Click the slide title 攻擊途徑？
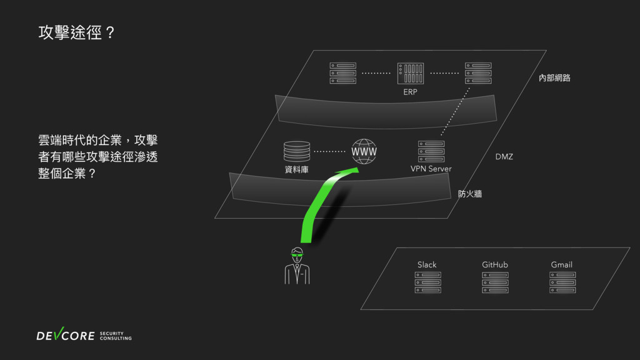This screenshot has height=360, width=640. point(76,34)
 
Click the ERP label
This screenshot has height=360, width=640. point(410,92)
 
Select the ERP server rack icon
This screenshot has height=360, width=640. point(411,73)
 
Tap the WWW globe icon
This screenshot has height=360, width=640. point(364,152)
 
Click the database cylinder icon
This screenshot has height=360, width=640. point(296,151)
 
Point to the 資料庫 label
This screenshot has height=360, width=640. point(296,169)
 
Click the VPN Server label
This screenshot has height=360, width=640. point(431,169)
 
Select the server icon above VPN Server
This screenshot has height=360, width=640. point(431,151)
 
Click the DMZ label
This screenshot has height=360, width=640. point(504,156)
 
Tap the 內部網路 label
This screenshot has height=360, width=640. point(554,78)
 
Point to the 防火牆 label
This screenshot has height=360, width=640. point(470,194)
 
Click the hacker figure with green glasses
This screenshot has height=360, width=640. point(297,266)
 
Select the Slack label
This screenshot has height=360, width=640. point(427,264)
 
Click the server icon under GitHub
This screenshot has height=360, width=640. point(495,282)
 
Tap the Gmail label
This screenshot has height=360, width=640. point(561,264)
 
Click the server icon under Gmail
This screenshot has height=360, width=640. point(562,282)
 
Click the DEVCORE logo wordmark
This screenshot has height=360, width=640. point(65,336)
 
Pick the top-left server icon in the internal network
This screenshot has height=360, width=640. point(343,73)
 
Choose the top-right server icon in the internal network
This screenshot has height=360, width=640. point(477,73)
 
